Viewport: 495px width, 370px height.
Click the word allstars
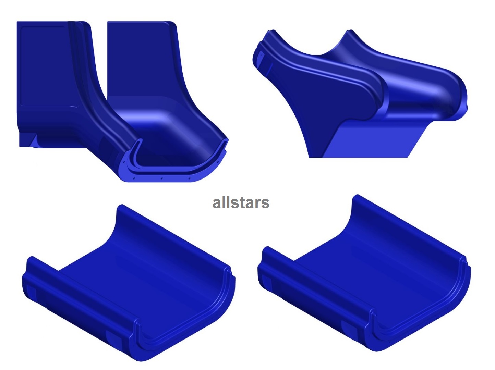click(x=241, y=203)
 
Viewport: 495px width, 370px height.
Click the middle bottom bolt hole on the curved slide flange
click(x=162, y=179)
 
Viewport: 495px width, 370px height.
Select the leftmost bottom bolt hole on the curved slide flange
click(x=134, y=178)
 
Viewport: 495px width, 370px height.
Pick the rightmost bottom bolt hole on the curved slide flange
click(x=189, y=178)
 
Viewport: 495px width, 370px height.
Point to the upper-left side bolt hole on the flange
click(x=124, y=161)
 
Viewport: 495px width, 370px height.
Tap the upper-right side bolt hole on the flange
click(x=218, y=161)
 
